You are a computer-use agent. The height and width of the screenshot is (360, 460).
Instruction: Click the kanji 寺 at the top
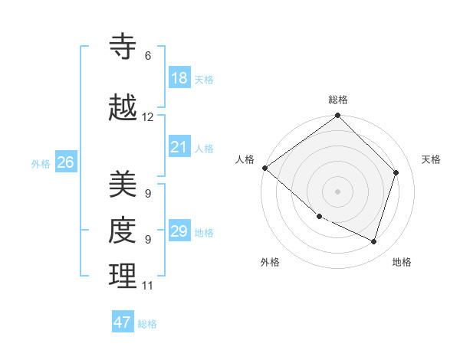pos(123,46)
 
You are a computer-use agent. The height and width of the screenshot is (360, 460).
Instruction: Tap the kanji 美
pos(123,184)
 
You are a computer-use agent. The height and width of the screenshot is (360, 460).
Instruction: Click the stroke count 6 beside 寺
pos(148,56)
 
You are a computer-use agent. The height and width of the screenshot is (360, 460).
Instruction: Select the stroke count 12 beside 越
pos(148,117)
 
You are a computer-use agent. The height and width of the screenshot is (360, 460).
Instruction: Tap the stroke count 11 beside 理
pos(148,286)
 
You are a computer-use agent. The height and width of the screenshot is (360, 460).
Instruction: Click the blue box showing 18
pos(179,78)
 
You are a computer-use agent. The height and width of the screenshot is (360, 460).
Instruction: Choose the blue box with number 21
pos(179,147)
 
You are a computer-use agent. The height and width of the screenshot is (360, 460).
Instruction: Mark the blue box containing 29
pos(179,231)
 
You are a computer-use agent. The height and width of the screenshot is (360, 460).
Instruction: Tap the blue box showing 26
pos(66,162)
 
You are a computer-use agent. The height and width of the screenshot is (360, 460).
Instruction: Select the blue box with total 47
pos(123,322)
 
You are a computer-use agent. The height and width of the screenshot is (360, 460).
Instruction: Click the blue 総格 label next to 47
pos(147,324)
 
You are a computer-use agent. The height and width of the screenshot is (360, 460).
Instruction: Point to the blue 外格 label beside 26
pos(41,163)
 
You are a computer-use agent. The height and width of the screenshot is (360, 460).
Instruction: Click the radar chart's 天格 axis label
pos(432,159)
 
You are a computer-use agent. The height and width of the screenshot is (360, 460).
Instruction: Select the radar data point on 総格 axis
pos(338,116)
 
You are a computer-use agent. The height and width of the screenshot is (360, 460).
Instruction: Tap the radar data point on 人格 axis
pos(264,168)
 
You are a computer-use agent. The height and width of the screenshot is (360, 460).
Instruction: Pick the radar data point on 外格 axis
pos(319,216)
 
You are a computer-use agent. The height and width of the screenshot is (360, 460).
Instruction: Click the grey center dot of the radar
pos(338,191)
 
